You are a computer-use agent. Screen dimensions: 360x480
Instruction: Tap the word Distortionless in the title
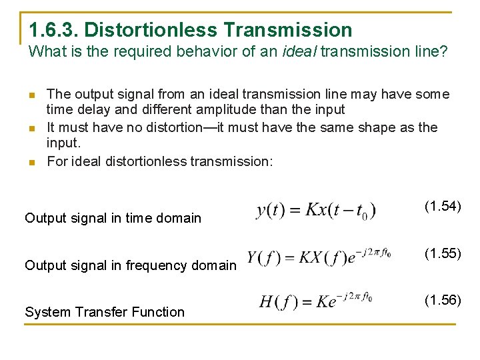click(151, 30)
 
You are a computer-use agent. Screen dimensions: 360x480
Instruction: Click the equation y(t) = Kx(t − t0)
click(316, 210)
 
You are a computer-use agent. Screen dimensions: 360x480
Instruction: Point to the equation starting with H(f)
click(316, 301)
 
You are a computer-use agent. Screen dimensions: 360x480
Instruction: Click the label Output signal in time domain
click(113, 218)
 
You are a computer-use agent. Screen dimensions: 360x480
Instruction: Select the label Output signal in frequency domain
click(130, 265)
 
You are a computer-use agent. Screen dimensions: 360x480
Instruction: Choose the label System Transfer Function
click(104, 312)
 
